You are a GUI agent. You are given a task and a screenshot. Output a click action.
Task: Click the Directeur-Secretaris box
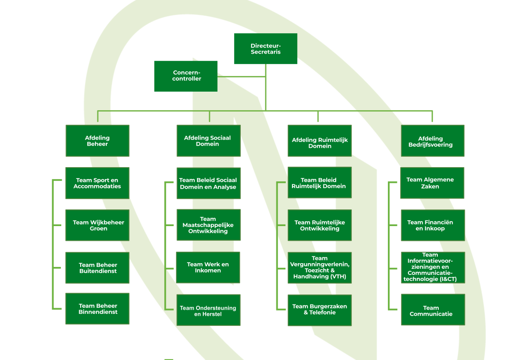pyautogui.click(x=265, y=48)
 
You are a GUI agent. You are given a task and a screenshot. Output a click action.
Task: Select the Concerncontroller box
pyautogui.click(x=186, y=76)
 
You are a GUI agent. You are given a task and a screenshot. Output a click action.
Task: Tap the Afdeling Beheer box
pyautogui.click(x=97, y=141)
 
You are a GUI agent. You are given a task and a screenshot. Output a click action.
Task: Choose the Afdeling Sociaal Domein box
pyautogui.click(x=208, y=141)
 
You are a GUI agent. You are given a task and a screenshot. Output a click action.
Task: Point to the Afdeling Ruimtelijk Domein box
pyautogui.click(x=320, y=141)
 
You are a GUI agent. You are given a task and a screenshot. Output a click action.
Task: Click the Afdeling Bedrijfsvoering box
pyautogui.click(x=432, y=141)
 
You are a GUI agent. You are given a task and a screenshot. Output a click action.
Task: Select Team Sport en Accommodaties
pyautogui.click(x=97, y=183)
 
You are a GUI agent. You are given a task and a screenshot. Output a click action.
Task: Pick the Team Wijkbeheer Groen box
pyautogui.click(x=97, y=225)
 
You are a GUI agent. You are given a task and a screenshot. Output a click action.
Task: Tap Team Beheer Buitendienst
pyautogui.click(x=97, y=268)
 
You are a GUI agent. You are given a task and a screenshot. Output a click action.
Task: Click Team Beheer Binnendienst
pyautogui.click(x=97, y=309)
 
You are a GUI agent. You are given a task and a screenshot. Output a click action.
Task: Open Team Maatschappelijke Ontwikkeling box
pyautogui.click(x=208, y=225)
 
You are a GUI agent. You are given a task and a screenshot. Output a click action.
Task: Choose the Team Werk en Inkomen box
pyautogui.click(x=208, y=267)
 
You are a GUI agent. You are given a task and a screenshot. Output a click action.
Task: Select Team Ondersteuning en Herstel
pyautogui.click(x=208, y=310)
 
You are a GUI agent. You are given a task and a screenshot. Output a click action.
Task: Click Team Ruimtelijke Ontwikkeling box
pyautogui.click(x=320, y=225)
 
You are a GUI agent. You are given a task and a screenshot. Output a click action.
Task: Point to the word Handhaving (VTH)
pyautogui.click(x=320, y=276)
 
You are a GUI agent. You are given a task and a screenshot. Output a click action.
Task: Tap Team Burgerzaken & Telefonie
pyautogui.click(x=320, y=310)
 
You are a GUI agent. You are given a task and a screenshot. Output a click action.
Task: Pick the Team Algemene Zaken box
pyautogui.click(x=432, y=183)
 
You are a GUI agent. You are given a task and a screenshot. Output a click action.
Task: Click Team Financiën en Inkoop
pyautogui.click(x=432, y=225)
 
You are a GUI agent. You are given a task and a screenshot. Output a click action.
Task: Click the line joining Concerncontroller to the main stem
pyautogui.click(x=241, y=76)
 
